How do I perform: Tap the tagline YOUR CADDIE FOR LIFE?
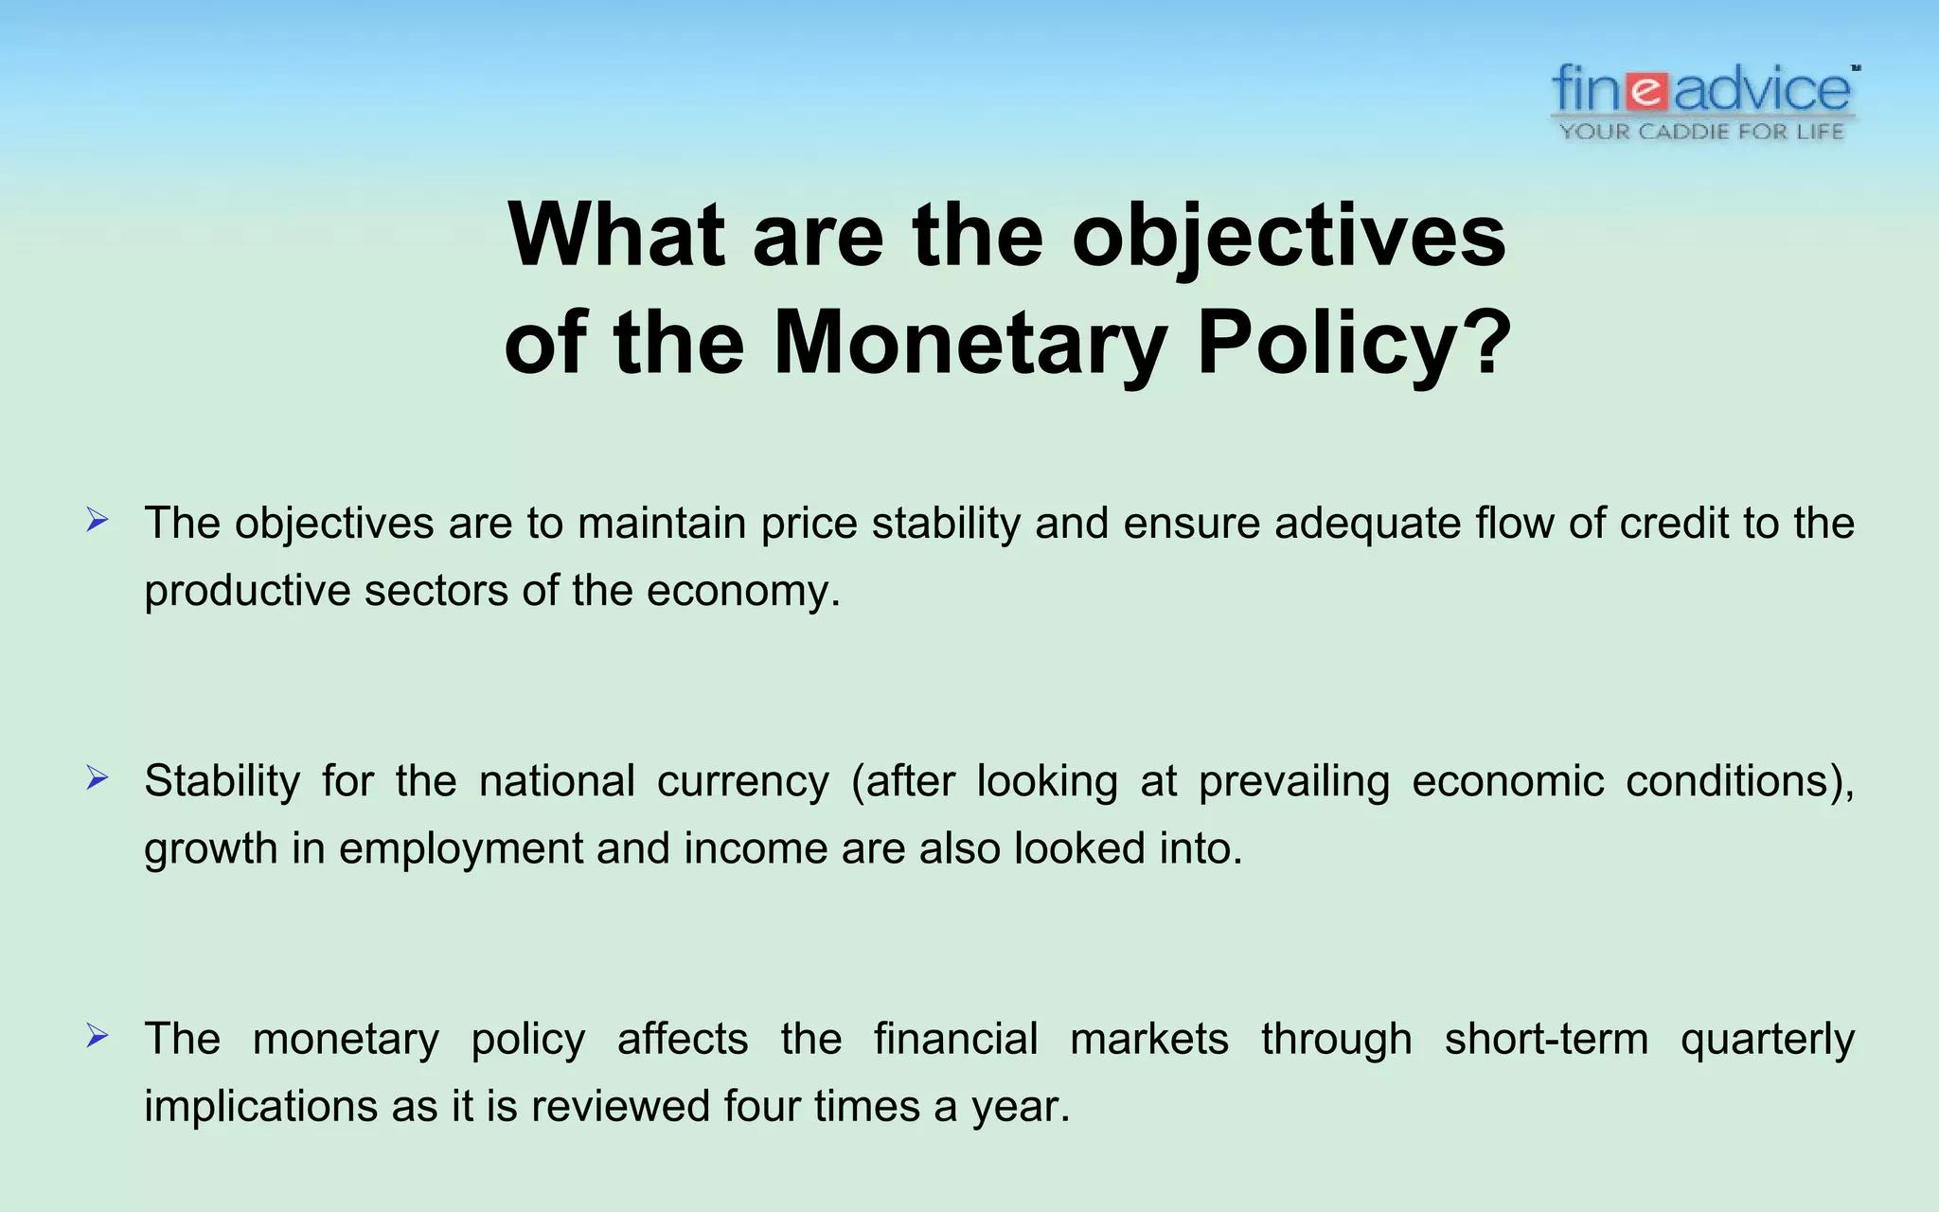click(1702, 132)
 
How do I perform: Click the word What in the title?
click(616, 235)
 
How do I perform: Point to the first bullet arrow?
click(97, 520)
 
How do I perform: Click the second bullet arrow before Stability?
click(97, 778)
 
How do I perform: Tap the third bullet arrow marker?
click(97, 1036)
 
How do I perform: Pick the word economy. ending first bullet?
click(743, 592)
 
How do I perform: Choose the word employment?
click(460, 849)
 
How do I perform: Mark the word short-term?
click(1545, 1040)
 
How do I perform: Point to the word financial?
click(955, 1039)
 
